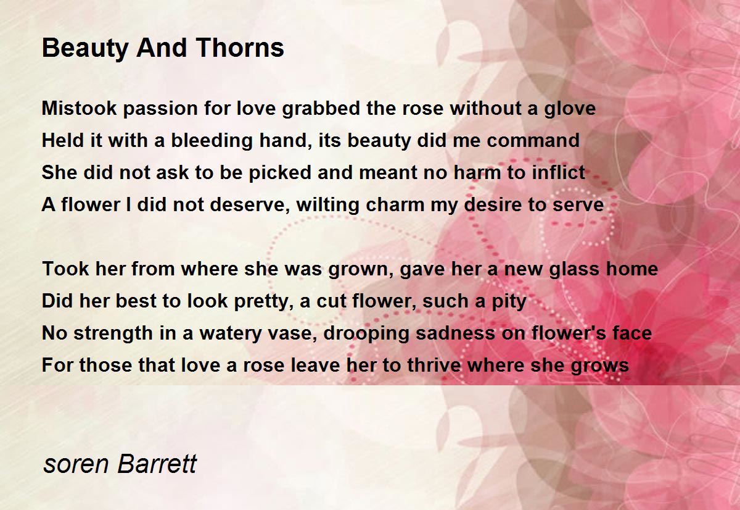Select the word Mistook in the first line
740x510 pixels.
(80, 108)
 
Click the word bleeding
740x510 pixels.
(212, 141)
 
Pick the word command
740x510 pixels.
(533, 140)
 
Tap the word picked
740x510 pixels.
(280, 173)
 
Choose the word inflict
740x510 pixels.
(558, 172)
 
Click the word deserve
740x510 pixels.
(250, 205)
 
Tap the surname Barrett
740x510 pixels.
(157, 463)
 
